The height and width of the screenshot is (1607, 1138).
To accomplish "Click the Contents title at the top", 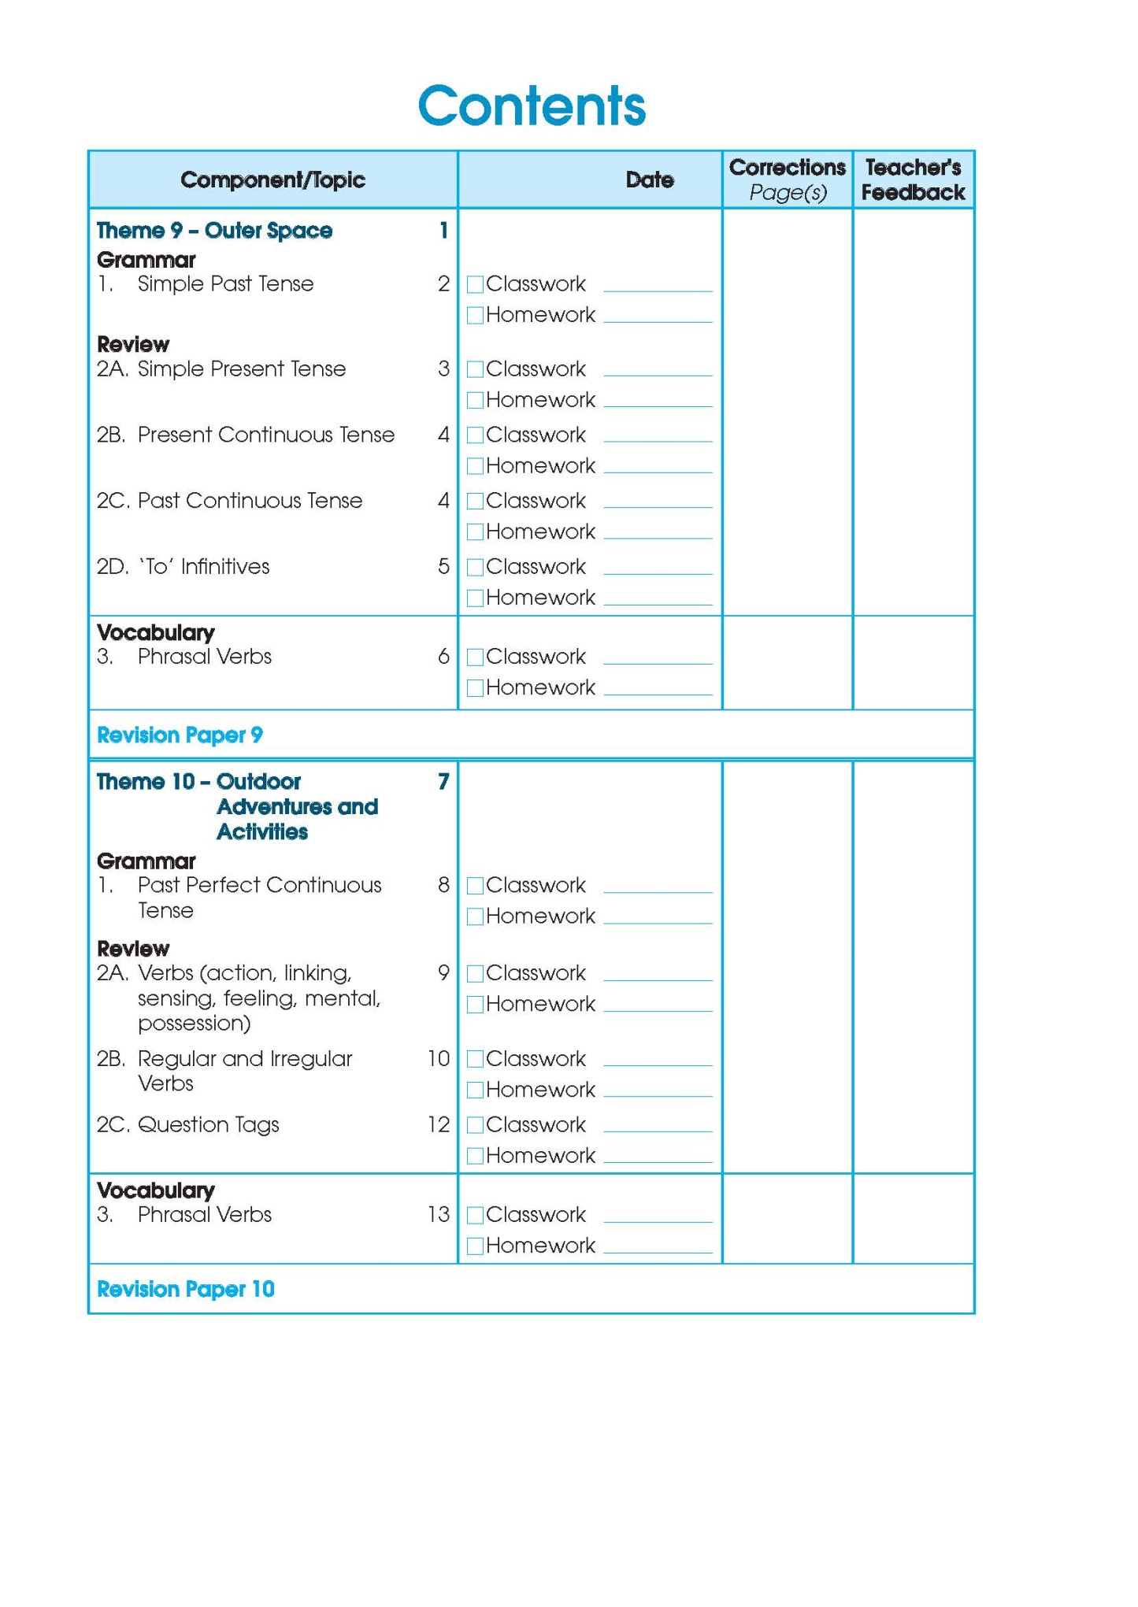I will tap(532, 106).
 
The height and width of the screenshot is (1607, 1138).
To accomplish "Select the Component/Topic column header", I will tap(272, 180).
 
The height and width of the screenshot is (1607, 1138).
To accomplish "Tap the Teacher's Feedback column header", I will tap(913, 180).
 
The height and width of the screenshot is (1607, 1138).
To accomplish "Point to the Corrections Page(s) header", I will tap(787, 180).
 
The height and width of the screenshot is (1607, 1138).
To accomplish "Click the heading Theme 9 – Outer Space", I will tap(214, 231).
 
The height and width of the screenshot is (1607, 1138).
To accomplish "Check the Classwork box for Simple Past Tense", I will tap(475, 284).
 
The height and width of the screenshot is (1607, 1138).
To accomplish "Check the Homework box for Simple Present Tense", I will tap(475, 401).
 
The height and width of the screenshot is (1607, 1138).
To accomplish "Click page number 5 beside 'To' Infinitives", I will tap(443, 566).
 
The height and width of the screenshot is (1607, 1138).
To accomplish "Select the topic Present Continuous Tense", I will tap(265, 435).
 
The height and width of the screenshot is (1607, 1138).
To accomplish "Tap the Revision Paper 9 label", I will tap(180, 735).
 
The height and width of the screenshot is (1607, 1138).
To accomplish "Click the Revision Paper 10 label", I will tap(185, 1289).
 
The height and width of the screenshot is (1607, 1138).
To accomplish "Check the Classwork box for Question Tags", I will tap(475, 1125).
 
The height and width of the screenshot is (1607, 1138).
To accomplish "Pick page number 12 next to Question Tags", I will tap(438, 1124).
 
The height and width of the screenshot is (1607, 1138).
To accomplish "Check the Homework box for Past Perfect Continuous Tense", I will tap(475, 916).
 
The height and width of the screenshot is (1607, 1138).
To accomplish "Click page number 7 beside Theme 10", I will tap(443, 782).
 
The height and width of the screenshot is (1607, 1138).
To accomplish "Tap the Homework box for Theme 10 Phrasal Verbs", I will tap(475, 1246).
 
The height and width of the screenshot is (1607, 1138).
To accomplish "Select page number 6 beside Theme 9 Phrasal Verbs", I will tap(443, 657).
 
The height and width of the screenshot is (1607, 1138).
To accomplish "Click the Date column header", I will tap(649, 180).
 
